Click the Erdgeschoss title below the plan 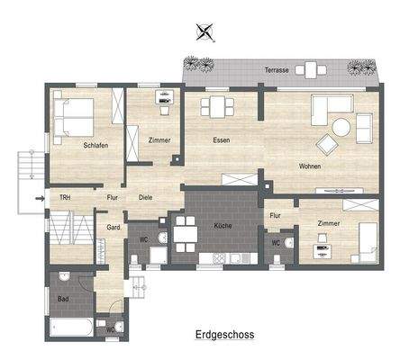[224, 334]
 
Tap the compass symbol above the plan [207, 34]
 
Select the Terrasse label [276, 68]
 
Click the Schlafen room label [97, 145]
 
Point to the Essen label [221, 140]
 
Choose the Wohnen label [311, 166]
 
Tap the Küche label [223, 226]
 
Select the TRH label [65, 197]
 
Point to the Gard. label [114, 227]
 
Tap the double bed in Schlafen [72, 116]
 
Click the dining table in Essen [217, 107]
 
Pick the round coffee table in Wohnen [341, 128]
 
